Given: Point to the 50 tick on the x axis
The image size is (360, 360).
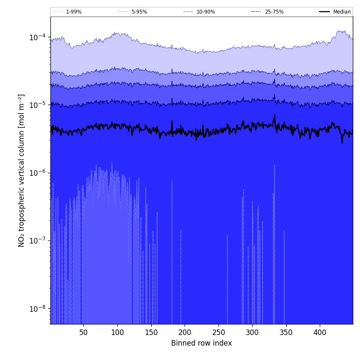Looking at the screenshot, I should (x=83, y=332).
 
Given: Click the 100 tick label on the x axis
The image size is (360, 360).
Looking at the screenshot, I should (x=117, y=332).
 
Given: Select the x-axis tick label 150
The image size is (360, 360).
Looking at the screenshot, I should (x=151, y=332).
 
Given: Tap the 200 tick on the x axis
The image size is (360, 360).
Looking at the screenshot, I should (x=185, y=332).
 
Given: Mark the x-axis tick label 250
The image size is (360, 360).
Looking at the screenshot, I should (x=219, y=332).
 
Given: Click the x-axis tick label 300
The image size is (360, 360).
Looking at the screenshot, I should (x=252, y=332).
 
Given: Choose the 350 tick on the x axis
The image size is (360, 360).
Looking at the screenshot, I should (x=286, y=332).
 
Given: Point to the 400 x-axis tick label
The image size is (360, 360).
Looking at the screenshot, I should (x=320, y=332).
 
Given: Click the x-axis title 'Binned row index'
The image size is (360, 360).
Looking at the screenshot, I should (x=202, y=343).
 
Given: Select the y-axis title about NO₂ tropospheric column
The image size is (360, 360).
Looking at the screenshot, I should (x=22, y=170).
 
